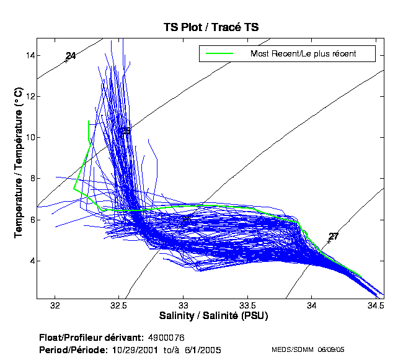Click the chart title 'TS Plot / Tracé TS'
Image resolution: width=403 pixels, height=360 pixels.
tap(211, 27)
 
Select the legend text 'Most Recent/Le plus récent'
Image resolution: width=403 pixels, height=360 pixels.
tap(303, 53)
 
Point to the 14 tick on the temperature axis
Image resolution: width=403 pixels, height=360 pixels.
tap(29, 55)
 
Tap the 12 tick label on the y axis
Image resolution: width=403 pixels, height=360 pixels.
tap(29, 96)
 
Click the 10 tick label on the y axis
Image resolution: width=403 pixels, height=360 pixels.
tap(29, 137)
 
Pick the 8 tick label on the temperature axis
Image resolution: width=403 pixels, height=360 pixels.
tap(31, 179)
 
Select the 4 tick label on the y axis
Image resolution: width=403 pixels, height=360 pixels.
tap(31, 261)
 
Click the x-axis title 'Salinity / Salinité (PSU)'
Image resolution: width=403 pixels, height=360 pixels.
tap(210, 317)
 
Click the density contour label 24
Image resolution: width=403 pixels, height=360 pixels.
tap(71, 56)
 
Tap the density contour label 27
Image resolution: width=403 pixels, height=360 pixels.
tap(334, 236)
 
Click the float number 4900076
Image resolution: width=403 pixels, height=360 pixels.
tap(167, 338)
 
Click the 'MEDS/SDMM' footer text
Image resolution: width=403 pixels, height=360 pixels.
tap(293, 350)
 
